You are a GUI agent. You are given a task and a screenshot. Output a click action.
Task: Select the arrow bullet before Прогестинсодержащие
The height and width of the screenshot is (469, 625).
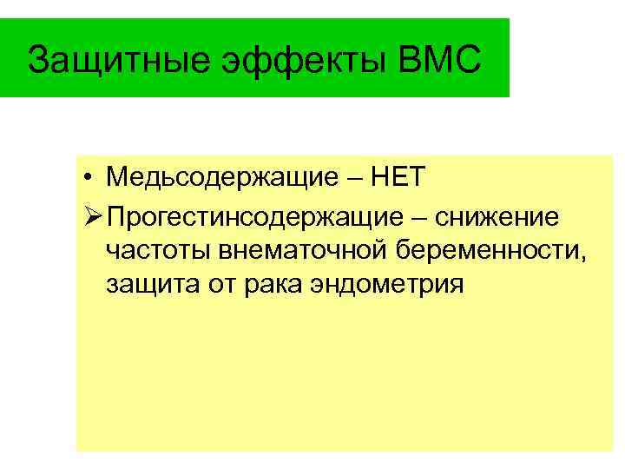pyautogui.click(x=93, y=214)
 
